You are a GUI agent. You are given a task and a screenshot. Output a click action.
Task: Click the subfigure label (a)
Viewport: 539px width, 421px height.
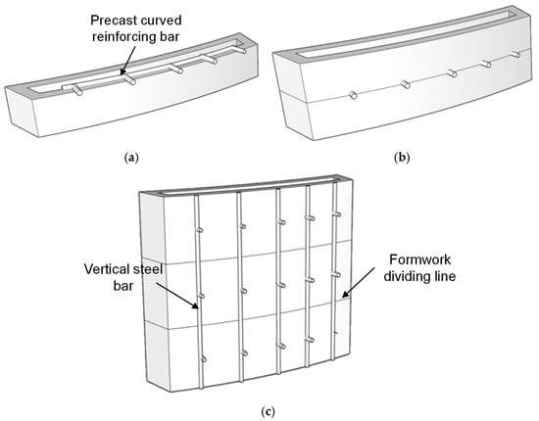(x=131, y=158)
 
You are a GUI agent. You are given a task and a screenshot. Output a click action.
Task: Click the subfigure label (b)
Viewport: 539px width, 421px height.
(x=402, y=158)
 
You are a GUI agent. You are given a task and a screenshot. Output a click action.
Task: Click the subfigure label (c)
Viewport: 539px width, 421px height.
(x=269, y=411)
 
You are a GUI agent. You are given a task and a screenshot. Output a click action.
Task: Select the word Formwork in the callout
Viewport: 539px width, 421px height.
(x=419, y=259)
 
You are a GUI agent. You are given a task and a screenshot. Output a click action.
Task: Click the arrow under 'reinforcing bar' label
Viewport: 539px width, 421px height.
(x=126, y=61)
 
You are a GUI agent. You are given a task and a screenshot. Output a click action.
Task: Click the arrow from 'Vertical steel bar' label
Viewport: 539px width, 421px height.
(x=176, y=296)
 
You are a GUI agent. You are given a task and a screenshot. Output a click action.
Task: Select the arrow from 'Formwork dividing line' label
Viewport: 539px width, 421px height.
(x=359, y=282)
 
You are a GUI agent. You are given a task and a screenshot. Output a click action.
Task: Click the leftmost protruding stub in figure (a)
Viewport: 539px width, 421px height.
(x=77, y=90)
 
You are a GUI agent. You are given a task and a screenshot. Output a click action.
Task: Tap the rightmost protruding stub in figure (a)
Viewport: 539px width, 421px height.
(x=242, y=50)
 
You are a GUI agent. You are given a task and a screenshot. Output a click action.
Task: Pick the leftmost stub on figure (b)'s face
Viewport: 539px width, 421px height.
(x=353, y=95)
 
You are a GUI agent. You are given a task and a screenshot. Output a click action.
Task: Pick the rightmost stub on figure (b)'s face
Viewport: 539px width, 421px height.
(x=515, y=54)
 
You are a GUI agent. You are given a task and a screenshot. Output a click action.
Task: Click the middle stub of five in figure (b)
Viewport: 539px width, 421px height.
(x=452, y=72)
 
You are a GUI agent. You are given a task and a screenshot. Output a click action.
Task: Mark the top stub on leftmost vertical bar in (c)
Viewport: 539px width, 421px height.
(x=199, y=230)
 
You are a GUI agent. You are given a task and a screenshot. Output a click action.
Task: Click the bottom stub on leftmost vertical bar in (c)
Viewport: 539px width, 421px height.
(x=203, y=359)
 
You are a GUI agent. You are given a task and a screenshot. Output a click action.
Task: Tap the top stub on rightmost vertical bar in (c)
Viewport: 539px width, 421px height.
(x=336, y=214)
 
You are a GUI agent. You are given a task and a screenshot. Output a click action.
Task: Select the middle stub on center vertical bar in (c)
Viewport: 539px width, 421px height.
(x=282, y=285)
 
